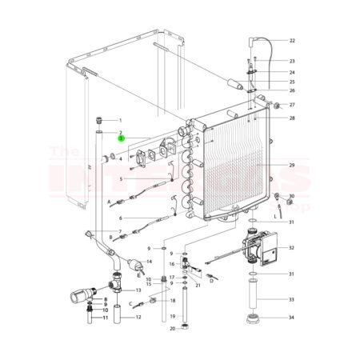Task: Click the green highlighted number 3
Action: [121, 138]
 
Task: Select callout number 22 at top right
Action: [292, 40]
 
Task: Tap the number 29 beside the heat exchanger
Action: [292, 165]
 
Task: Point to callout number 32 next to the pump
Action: [292, 248]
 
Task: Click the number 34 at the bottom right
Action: [292, 317]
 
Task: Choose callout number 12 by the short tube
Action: [138, 317]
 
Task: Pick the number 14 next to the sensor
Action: [149, 262]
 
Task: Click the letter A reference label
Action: [110, 204]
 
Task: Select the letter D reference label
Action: [211, 281]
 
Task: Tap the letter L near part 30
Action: [274, 216]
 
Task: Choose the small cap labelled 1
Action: [99, 119]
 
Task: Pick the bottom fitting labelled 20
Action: [185, 326]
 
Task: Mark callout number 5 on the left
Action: [121, 179]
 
